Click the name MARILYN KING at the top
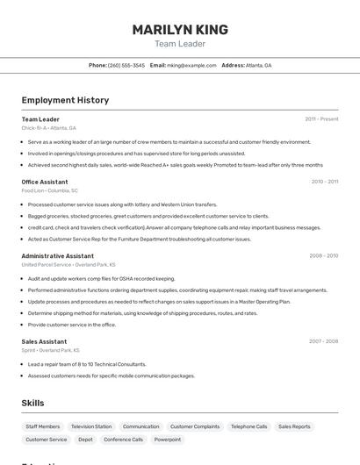tap(180, 29)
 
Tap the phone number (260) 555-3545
tap(126, 65)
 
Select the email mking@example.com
tap(191, 65)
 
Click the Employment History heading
tap(65, 100)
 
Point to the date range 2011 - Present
tap(321, 118)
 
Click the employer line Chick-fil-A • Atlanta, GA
tap(48, 128)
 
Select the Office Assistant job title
tap(45, 182)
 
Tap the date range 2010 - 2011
tap(324, 182)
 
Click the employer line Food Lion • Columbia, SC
tap(49, 190)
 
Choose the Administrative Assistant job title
tap(58, 256)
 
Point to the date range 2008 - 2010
tap(323, 256)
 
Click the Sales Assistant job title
tap(44, 341)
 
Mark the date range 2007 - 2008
tap(323, 341)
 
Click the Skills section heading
tap(32, 403)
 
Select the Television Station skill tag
tap(91, 426)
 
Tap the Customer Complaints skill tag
tap(195, 426)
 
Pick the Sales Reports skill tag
tap(294, 426)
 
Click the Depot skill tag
tap(85, 440)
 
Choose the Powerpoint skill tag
tap(168, 440)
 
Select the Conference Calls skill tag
tap(123, 440)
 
